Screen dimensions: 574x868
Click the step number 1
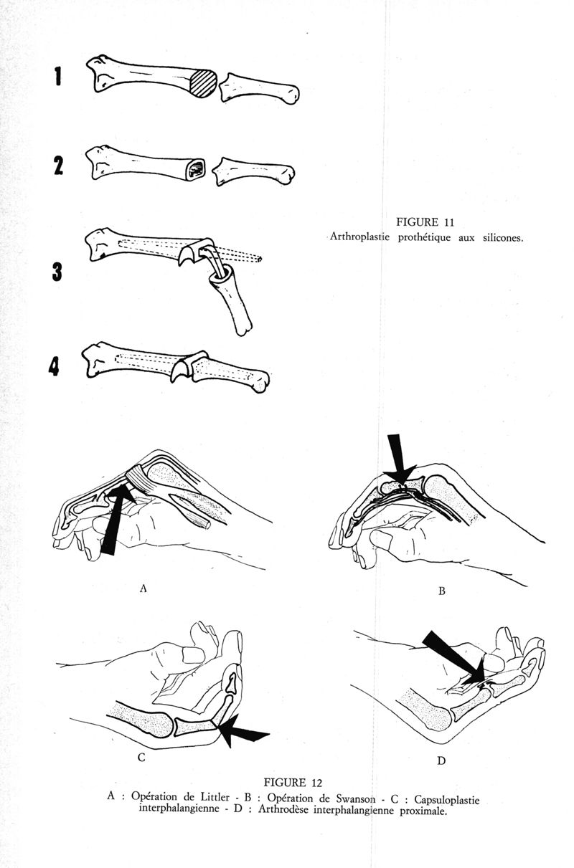(58, 77)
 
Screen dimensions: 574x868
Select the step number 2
(58, 166)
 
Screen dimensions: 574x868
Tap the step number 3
(57, 272)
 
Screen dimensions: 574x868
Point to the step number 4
(54, 366)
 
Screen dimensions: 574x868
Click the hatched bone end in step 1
(204, 83)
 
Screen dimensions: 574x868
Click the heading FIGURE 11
(425, 222)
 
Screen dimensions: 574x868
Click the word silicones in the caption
(503, 238)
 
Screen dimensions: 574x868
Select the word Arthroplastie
(359, 237)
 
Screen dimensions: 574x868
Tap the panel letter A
(143, 588)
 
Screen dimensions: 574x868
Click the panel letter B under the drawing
(441, 591)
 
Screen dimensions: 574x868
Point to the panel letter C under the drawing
(141, 757)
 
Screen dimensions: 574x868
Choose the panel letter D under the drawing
(441, 760)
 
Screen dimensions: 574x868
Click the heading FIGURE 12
(293, 783)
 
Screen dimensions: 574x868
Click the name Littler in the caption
(215, 796)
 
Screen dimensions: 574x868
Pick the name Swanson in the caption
(355, 798)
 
